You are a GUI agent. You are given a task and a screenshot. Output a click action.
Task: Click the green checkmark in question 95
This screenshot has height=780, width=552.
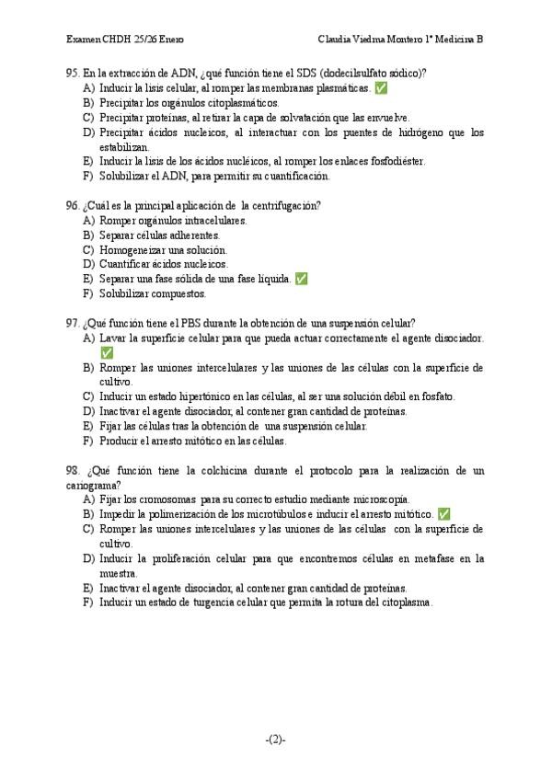coord(381,88)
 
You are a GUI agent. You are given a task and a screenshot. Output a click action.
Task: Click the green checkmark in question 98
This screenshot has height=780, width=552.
coord(443,514)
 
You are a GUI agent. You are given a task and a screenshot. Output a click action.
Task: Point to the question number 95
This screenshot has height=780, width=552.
coord(72,73)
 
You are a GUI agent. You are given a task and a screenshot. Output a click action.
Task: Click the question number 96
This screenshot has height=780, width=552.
coord(72,205)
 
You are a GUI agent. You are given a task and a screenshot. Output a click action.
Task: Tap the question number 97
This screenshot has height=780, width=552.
coord(72,323)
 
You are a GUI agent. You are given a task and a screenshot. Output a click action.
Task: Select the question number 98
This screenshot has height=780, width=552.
coord(72,470)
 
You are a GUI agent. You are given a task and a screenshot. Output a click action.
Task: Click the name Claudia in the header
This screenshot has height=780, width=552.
coord(337,40)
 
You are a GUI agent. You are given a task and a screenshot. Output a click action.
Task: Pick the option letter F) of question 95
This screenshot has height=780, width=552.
coord(88,176)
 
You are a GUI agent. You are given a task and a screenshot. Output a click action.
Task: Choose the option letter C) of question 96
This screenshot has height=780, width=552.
coord(88,249)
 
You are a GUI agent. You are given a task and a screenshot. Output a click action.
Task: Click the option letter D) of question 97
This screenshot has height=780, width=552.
coord(88,411)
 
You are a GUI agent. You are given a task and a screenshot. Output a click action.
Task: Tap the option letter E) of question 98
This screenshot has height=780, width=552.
coord(88,588)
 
